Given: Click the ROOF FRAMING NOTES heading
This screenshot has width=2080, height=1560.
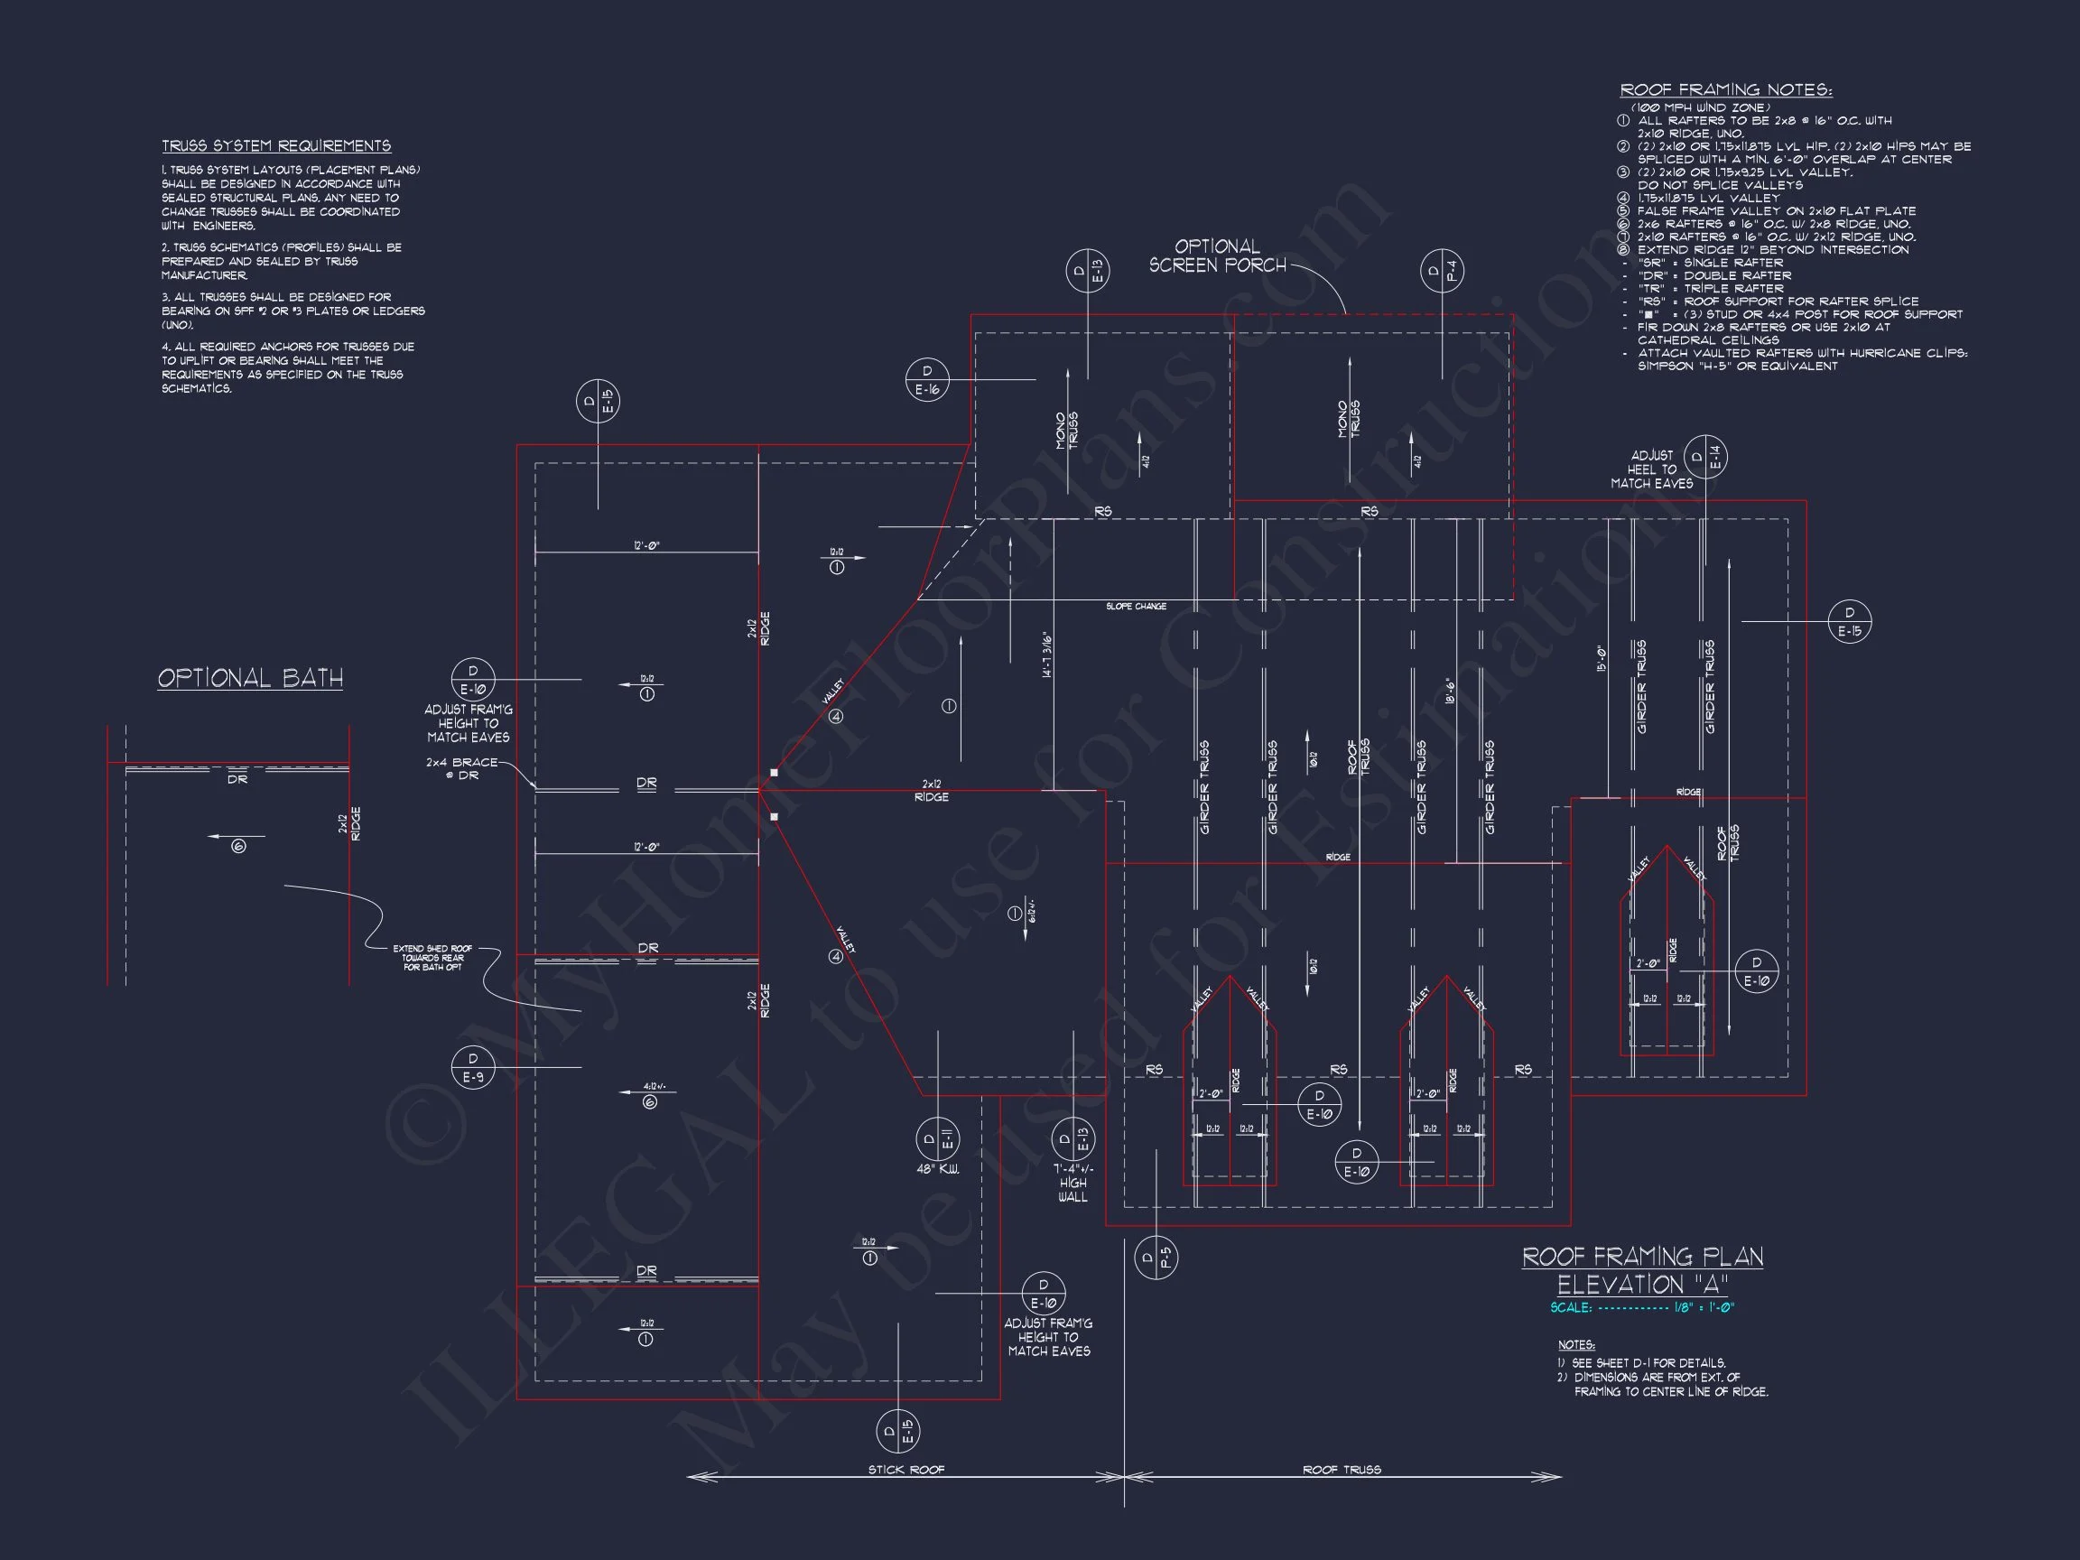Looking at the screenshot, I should [1725, 90].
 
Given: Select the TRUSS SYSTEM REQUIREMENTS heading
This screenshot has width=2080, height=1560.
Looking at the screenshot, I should [276, 145].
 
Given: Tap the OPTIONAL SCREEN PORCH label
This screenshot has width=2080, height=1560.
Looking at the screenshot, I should [1217, 255].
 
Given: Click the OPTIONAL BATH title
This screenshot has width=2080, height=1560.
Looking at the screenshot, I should [250, 678].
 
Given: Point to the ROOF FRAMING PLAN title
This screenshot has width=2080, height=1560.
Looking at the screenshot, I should [1643, 1258].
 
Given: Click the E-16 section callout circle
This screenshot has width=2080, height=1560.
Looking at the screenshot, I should [927, 380].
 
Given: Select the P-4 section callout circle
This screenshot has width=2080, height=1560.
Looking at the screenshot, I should [1442, 271].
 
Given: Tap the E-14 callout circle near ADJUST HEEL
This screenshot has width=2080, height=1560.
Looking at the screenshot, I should [1704, 458].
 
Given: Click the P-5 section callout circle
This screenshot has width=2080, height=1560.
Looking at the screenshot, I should [1155, 1258].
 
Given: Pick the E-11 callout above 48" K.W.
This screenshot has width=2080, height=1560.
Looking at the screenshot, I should [937, 1139].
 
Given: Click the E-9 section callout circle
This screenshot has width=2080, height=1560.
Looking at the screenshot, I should [473, 1067].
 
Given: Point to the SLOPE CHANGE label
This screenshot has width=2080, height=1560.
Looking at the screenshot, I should [1136, 607].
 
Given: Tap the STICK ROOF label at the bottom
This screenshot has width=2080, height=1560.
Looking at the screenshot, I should [905, 1470].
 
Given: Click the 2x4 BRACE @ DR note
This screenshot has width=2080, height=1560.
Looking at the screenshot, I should [460, 768].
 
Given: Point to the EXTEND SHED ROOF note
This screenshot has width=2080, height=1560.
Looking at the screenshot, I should [432, 957].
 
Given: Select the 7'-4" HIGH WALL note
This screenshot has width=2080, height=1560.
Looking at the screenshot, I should [1072, 1183].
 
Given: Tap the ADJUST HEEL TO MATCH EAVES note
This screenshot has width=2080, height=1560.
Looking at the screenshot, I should [1651, 469].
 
